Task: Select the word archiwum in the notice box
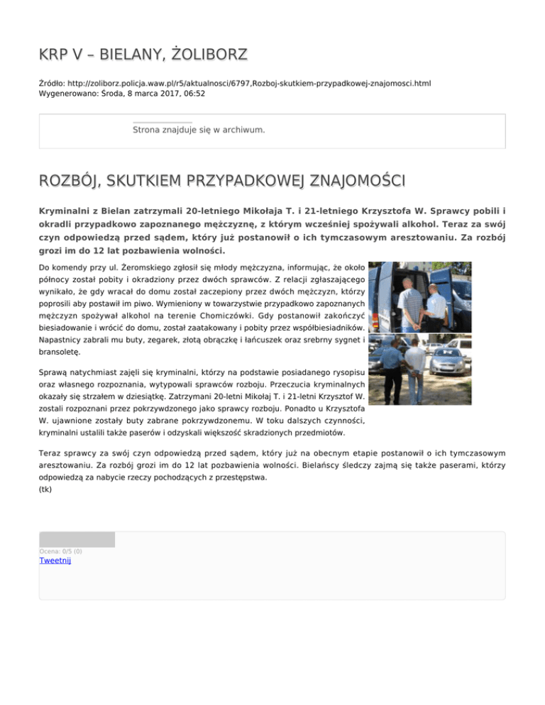[x=243, y=130]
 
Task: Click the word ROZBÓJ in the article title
[x=66, y=182]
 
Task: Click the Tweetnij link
[x=55, y=560]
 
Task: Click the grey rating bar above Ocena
[x=77, y=540]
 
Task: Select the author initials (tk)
[x=45, y=489]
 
